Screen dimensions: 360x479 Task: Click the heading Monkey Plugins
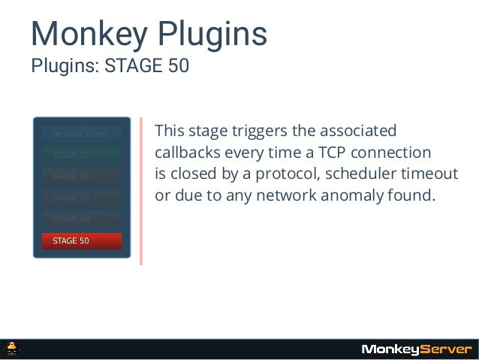(148, 34)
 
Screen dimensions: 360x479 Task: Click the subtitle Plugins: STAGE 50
(110, 66)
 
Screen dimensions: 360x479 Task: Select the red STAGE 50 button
(81, 241)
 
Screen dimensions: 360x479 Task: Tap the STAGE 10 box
(81, 156)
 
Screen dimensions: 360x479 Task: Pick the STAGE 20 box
(81, 177)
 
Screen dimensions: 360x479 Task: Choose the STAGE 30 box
(81, 198)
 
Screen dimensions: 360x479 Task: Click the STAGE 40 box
(81, 219)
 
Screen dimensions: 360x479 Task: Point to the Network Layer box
(81, 135)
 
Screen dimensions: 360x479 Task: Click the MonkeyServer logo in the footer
(417, 349)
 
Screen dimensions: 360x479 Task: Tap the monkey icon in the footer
(13, 349)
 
